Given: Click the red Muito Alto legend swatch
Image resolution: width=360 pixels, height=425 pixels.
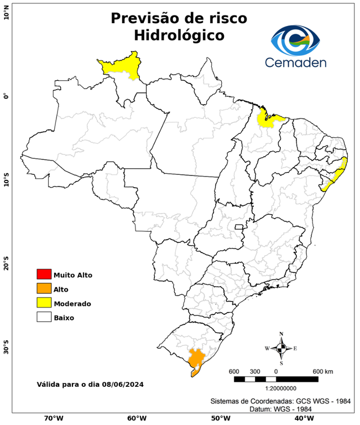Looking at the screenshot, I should coord(44,274).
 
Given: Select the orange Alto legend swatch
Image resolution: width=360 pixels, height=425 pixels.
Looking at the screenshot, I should coord(44,289).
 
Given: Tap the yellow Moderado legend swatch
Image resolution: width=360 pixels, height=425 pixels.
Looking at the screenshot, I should coord(44,303).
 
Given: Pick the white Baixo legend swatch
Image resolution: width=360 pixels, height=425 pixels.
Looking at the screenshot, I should coord(44,318).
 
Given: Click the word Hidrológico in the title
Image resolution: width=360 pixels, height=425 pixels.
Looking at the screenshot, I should coord(179,35).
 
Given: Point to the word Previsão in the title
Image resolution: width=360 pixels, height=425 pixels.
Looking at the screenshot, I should coord(145,18).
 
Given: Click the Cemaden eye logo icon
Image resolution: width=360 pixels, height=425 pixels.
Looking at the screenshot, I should coord(295,39).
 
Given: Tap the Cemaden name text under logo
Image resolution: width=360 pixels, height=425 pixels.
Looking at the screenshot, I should coord(295,62).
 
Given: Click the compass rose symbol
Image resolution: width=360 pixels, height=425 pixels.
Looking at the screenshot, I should coord(281,348).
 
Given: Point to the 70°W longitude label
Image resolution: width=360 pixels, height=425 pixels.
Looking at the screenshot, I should coord(53,418).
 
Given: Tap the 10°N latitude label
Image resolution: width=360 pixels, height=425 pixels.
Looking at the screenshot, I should coord(6,12).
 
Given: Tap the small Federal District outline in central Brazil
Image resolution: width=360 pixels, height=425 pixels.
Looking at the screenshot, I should coord(239,226).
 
